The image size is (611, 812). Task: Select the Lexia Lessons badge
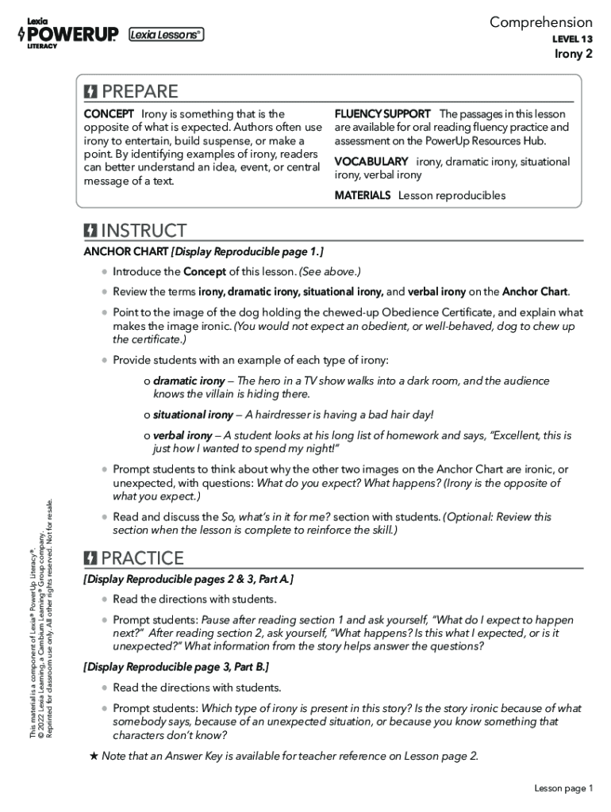click(166, 34)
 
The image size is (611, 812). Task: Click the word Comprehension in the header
click(540, 22)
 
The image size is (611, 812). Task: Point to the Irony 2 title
click(573, 54)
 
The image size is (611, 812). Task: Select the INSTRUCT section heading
click(144, 231)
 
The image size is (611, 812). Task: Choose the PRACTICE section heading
click(142, 557)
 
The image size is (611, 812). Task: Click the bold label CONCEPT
click(109, 114)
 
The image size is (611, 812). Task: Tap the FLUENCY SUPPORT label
click(382, 114)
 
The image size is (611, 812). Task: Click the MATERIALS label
click(363, 195)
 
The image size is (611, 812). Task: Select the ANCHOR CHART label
click(125, 252)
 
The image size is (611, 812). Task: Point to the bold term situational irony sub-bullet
click(193, 415)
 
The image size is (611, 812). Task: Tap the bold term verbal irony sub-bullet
click(183, 435)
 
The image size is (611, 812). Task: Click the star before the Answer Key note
click(94, 755)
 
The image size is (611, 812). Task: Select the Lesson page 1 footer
click(563, 787)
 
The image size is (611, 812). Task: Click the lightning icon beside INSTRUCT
click(91, 231)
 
